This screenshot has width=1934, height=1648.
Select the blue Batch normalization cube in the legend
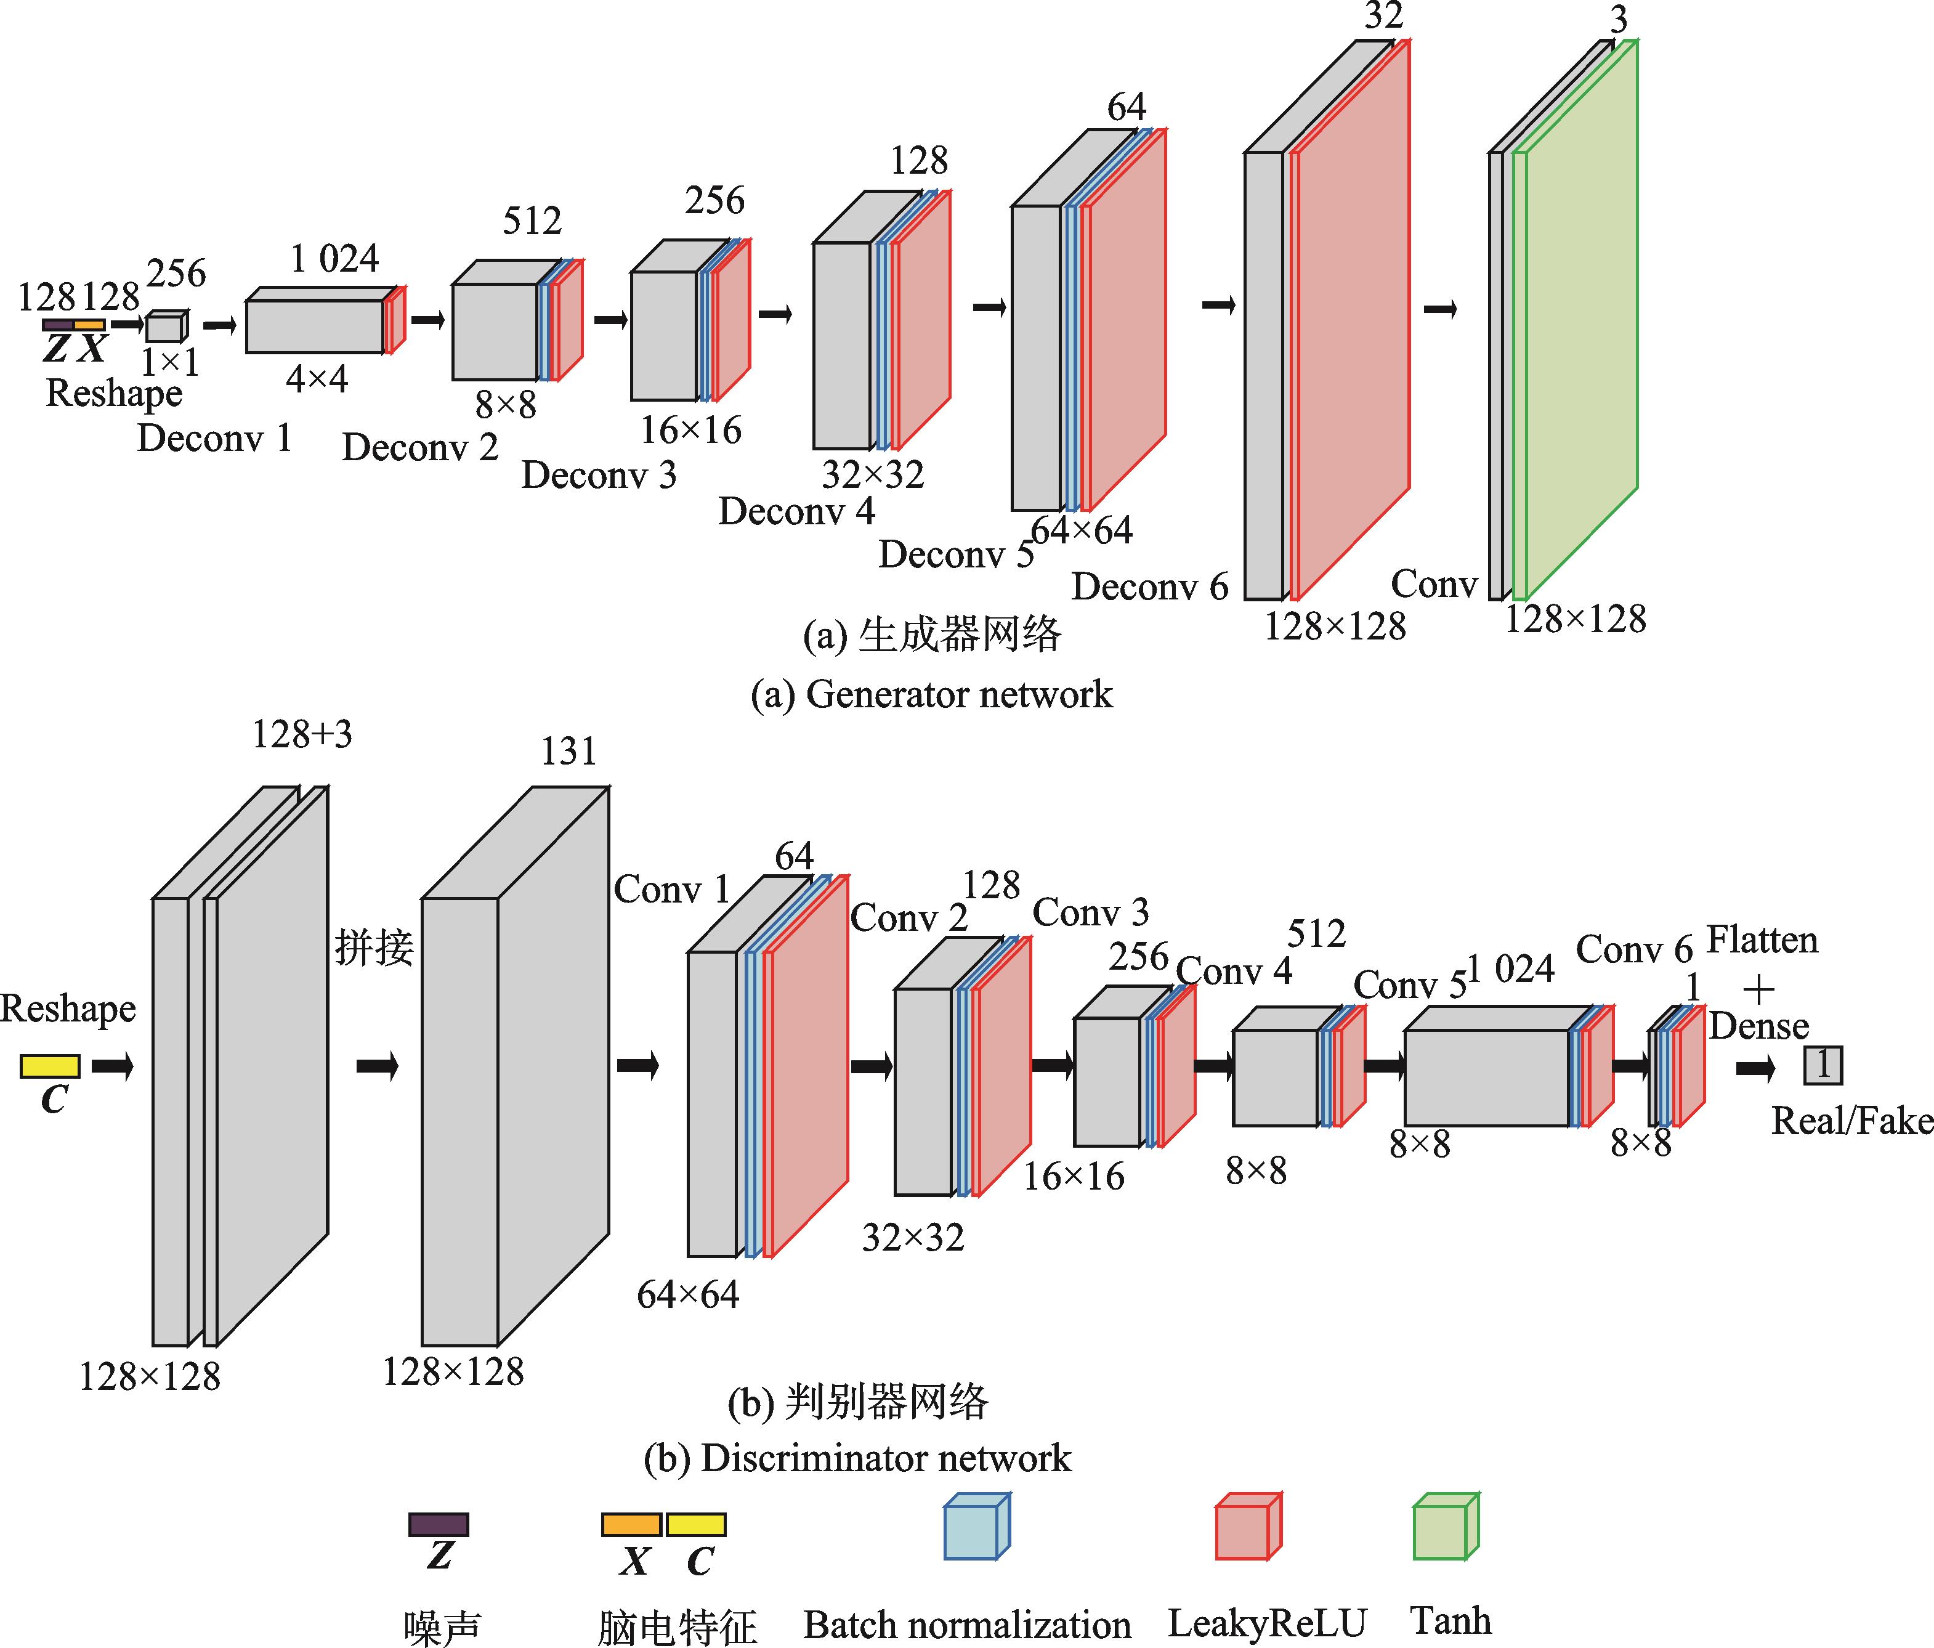click(x=976, y=1527)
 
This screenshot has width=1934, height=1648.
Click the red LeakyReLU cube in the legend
click(x=1248, y=1527)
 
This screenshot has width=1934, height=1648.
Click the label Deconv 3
click(x=598, y=475)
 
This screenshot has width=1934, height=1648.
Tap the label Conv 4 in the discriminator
click(x=1234, y=971)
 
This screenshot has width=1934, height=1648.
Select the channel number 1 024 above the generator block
click(x=334, y=259)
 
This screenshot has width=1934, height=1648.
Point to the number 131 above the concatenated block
click(x=568, y=751)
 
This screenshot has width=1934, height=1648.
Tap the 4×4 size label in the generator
click(x=317, y=379)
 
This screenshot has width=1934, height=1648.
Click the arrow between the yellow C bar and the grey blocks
click(x=113, y=1065)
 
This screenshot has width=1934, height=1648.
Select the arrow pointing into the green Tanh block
click(x=1440, y=309)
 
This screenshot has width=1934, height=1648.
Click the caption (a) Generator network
click(x=931, y=695)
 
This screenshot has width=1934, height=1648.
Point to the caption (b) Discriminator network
click(x=857, y=1458)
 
